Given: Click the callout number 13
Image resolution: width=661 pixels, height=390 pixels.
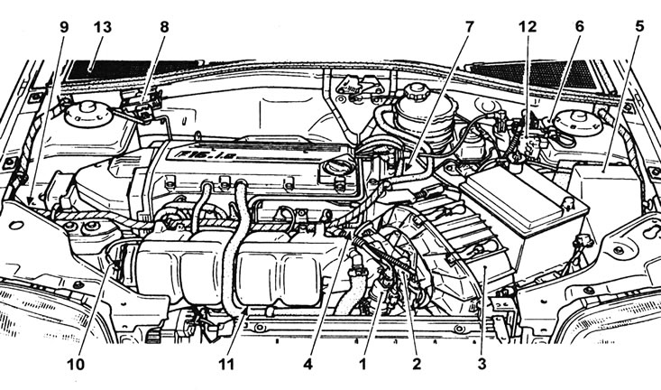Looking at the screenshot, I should tap(101, 26).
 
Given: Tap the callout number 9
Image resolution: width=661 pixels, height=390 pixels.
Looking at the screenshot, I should tap(63, 26).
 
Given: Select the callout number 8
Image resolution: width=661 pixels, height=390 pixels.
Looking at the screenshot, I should tap(164, 26).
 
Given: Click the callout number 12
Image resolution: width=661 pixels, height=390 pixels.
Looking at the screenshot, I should tap(528, 26).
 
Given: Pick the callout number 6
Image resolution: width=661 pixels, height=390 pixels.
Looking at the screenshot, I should tap(579, 26).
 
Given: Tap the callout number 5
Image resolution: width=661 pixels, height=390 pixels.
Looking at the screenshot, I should tap(638, 26).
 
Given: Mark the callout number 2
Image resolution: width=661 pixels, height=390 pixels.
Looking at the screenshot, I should tap(416, 365).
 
